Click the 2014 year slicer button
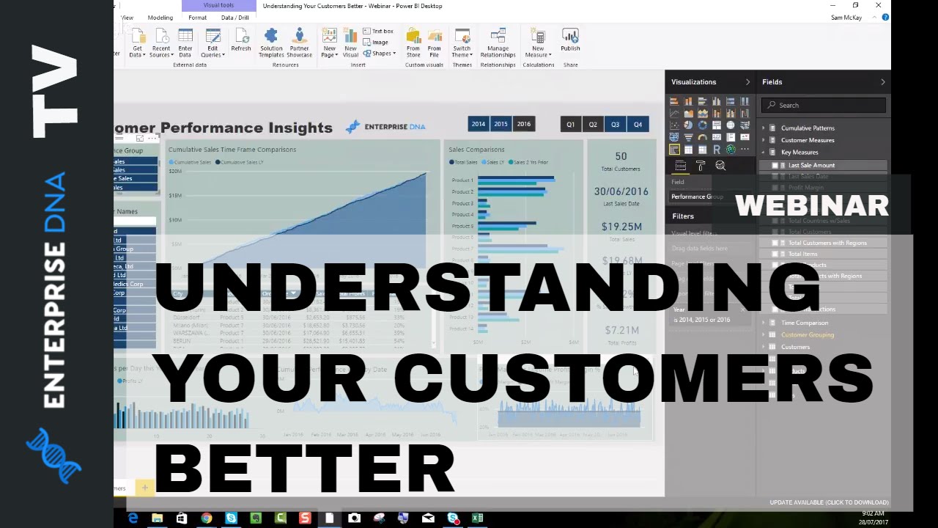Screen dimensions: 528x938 pyautogui.click(x=479, y=124)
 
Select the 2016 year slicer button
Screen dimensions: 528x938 pyautogui.click(x=523, y=124)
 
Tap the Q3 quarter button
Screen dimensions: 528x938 pyautogui.click(x=615, y=125)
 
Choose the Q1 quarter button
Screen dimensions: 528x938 pyautogui.click(x=570, y=125)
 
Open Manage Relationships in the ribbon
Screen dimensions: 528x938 pyautogui.click(x=498, y=43)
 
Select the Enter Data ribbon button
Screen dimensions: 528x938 pyautogui.click(x=185, y=43)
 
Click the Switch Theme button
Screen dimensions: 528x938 pyautogui.click(x=462, y=43)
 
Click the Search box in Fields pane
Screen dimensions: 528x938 pyautogui.click(x=824, y=105)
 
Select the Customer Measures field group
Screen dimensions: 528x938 pyautogui.click(x=808, y=140)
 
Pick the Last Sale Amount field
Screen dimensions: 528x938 pyautogui.click(x=811, y=165)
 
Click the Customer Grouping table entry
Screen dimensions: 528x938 pyautogui.click(x=807, y=335)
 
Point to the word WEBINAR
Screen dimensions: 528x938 pyautogui.click(x=811, y=206)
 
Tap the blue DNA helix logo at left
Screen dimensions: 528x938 pyautogui.click(x=53, y=455)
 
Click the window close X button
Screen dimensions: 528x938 pyautogui.click(x=878, y=6)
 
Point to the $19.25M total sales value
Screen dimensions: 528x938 pyautogui.click(x=621, y=227)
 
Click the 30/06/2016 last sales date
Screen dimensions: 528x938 pyautogui.click(x=621, y=191)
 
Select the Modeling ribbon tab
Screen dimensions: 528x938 pyautogui.click(x=160, y=18)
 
